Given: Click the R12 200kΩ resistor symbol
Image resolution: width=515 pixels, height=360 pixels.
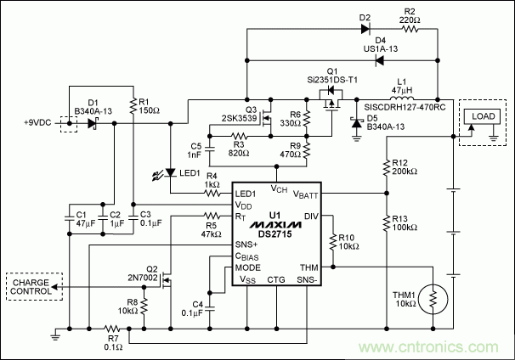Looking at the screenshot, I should (x=387, y=170).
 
